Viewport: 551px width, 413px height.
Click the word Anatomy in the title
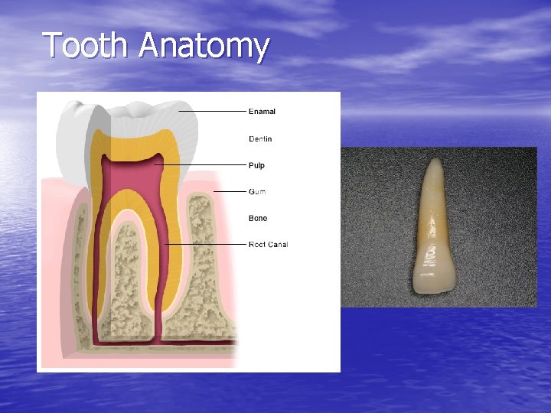(x=204, y=47)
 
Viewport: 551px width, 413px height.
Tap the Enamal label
(x=262, y=112)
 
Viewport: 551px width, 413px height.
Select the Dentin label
(x=260, y=139)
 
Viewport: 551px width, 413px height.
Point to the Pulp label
(x=256, y=165)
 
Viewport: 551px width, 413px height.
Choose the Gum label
(x=257, y=191)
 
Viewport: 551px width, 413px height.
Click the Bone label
(x=258, y=219)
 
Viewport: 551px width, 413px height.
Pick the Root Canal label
(x=268, y=245)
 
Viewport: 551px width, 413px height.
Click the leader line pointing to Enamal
(x=214, y=112)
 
